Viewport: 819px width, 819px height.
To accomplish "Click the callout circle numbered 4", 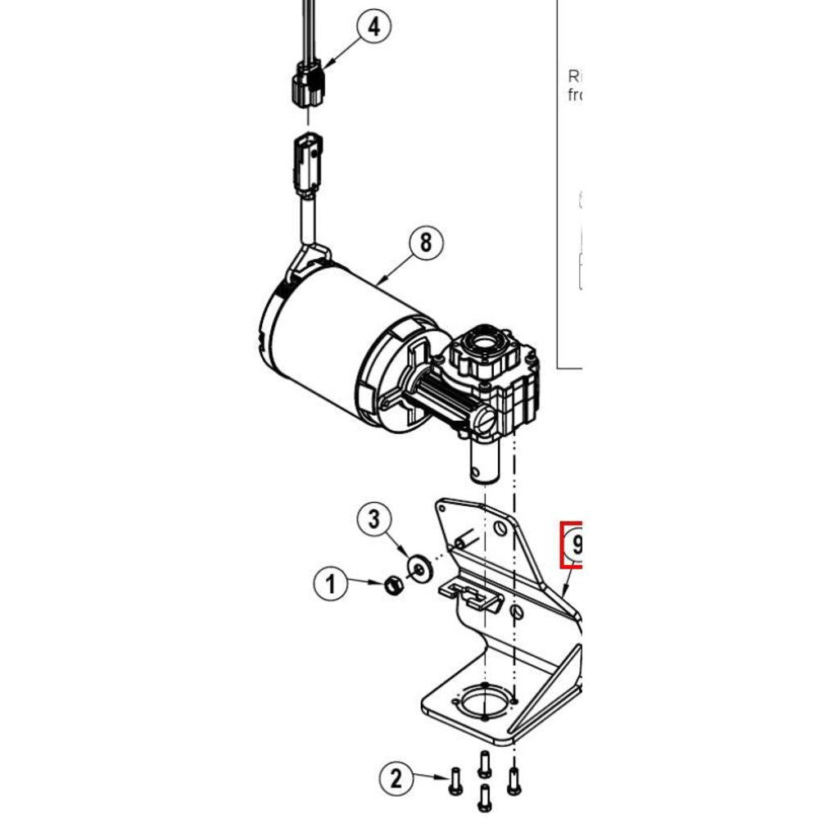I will pos(373,27).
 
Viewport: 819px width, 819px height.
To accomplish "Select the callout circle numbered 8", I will pos(424,243).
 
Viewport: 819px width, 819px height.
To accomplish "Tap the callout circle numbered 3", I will pos(373,518).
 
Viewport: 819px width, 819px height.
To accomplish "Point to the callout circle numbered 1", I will pos(331,585).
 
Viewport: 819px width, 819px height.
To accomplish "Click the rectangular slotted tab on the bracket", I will pos(472,593).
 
